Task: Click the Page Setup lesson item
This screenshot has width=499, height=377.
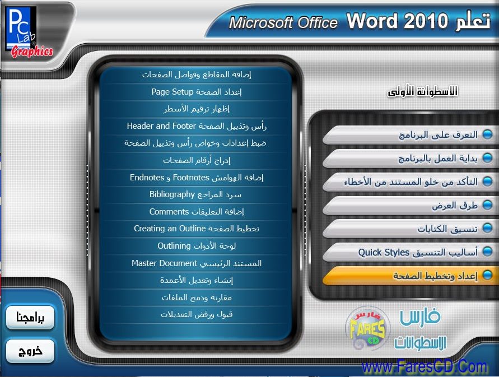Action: pos(197,92)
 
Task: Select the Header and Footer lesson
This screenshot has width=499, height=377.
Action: pos(197,126)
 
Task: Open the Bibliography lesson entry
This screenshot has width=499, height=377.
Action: pos(195,194)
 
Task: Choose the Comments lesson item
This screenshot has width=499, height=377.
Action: pos(197,212)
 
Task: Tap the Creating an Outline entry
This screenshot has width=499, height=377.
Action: pos(197,229)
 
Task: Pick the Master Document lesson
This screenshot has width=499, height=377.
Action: pos(197,263)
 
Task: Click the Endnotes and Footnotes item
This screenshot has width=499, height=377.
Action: pos(197,178)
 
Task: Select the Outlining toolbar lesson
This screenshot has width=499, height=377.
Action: pos(197,246)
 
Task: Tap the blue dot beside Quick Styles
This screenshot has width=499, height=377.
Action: pos(487,252)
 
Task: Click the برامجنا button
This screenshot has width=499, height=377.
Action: pos(30,318)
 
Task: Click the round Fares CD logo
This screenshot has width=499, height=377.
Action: pos(367,329)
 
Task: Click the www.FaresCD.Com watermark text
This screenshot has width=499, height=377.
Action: pos(424,366)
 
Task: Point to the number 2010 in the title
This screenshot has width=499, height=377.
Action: pos(426,21)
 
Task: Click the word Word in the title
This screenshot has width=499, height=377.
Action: pos(372,21)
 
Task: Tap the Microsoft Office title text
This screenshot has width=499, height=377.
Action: pos(283,22)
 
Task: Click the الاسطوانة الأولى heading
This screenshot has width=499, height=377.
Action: pos(422,92)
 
